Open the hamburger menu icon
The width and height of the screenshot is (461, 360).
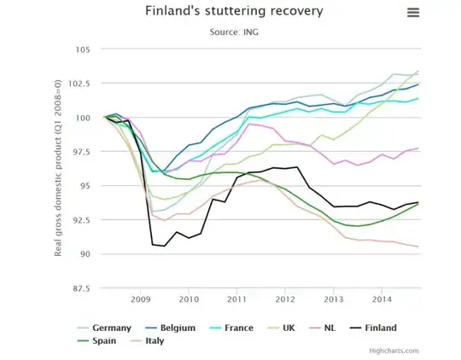point(414,12)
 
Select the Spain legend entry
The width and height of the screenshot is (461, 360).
point(108,340)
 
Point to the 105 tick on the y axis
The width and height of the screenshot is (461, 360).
point(83,49)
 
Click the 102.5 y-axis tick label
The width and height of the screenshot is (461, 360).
point(79,83)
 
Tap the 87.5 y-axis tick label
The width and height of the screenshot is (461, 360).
point(81,288)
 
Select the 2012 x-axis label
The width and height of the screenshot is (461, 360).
point(284,300)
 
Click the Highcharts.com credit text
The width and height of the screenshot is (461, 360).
point(394,351)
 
